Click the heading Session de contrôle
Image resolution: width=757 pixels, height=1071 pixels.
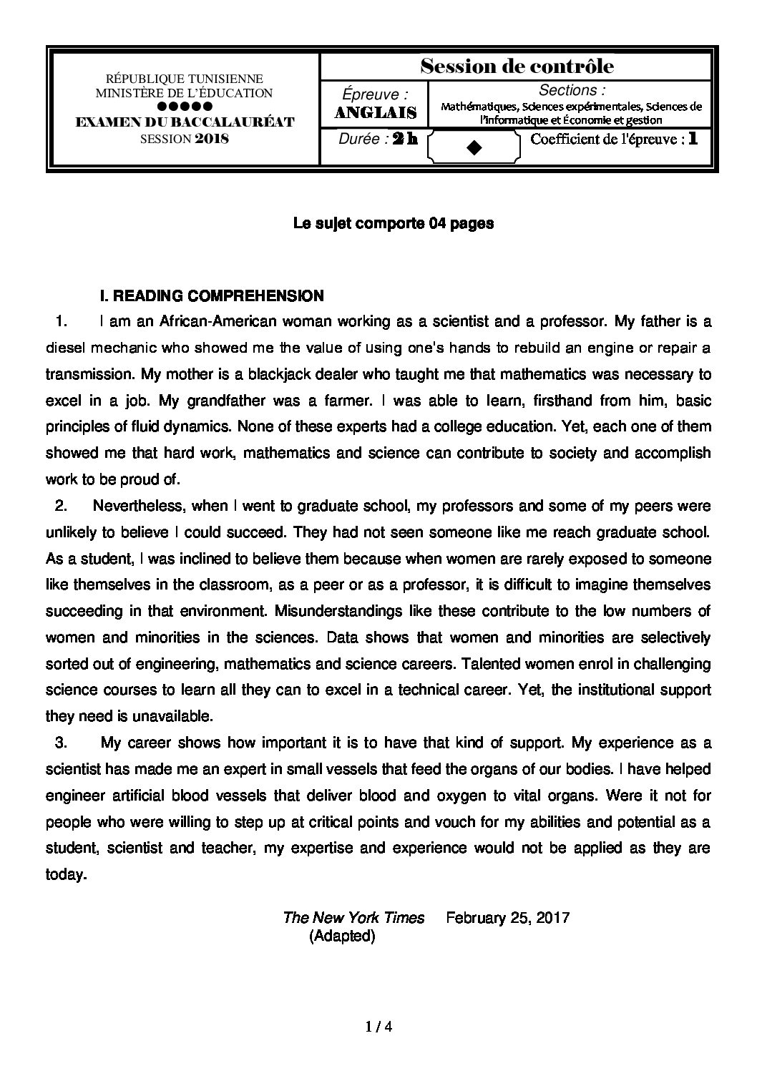[517, 67]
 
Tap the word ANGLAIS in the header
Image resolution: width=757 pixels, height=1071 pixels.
[376, 112]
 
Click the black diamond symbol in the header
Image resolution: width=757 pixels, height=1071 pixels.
[473, 147]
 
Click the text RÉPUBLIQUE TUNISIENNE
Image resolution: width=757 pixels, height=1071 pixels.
[184, 79]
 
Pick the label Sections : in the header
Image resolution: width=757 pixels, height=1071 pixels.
[572, 91]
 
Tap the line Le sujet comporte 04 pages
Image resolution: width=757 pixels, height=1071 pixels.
[394, 224]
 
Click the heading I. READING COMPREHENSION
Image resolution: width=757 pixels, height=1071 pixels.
[212, 295]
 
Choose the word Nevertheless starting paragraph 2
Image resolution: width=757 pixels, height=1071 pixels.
[140, 506]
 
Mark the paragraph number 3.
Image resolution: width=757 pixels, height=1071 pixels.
[61, 743]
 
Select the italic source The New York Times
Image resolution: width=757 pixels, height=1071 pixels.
[353, 917]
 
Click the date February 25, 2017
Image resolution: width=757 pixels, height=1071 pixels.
[507, 917]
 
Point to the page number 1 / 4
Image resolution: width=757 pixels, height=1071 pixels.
[378, 1027]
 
